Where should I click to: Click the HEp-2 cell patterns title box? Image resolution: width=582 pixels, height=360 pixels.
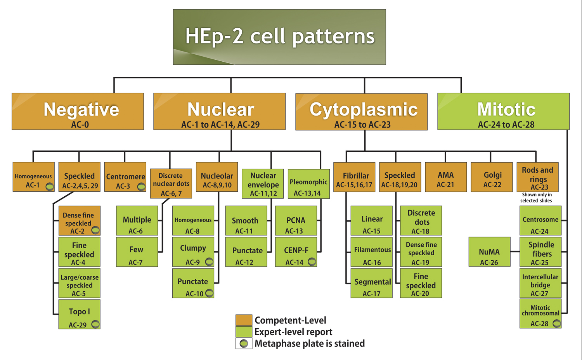coord(279,37)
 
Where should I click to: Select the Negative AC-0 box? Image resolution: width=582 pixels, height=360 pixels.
coord(78,111)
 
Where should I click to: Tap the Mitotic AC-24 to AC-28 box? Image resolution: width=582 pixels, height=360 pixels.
coord(503,111)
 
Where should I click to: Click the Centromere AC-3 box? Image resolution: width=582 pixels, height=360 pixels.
coord(125,177)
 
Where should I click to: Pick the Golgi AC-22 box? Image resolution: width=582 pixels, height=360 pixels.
coord(492,177)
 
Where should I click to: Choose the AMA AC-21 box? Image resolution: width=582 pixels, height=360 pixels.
coord(446,177)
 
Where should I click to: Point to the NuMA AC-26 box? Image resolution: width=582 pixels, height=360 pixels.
coord(489,252)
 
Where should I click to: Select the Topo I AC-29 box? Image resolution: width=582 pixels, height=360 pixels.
coord(79,314)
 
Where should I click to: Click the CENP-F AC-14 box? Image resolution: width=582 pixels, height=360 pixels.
coord(296,252)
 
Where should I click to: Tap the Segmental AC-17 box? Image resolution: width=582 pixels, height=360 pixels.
coord(371,283)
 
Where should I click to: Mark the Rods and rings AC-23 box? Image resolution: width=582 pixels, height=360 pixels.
coord(537,177)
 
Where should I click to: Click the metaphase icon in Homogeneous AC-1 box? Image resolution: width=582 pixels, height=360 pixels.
coord(50,187)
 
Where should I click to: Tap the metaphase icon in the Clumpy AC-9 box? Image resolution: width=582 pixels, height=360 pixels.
coord(209,262)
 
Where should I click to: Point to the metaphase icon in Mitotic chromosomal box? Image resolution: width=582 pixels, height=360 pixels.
coord(557,323)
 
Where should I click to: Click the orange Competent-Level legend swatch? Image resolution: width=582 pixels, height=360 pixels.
coord(244,320)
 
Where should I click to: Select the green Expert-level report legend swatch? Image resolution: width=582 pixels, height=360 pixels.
coord(244,332)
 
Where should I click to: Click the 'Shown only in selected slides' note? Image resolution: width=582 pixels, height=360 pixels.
coord(537,198)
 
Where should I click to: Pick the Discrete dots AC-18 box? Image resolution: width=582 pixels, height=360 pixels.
coord(421,220)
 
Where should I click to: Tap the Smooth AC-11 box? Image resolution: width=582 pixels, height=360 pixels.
coord(246,220)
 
